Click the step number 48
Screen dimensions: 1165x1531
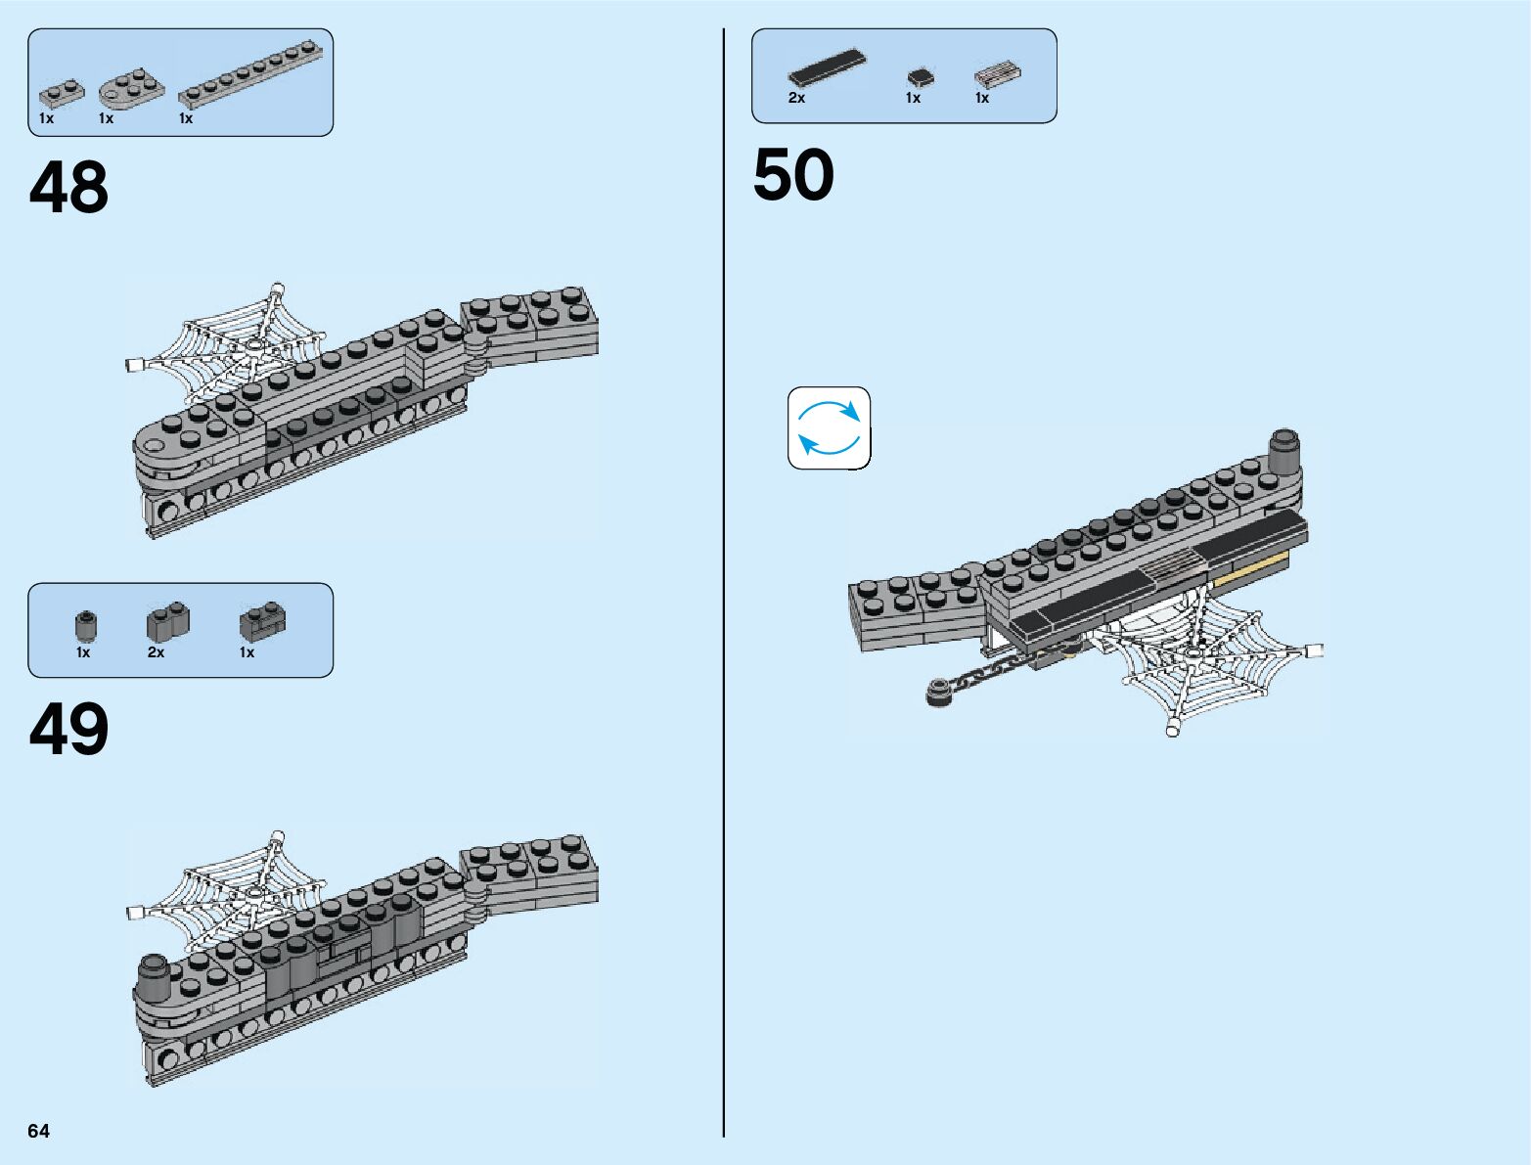coord(68,188)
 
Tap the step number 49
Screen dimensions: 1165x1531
coord(68,730)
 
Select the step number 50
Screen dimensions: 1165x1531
coord(793,176)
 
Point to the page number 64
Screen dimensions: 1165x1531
coord(38,1131)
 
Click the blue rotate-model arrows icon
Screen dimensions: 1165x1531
coord(829,428)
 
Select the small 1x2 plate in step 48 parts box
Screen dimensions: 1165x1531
coord(61,94)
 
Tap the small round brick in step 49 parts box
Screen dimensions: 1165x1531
coord(86,624)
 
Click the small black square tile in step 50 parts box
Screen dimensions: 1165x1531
coord(920,76)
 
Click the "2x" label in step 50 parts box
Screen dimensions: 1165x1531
coord(796,98)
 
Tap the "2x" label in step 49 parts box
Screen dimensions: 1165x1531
coord(156,651)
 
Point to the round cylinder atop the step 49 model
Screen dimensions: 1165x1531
coord(153,973)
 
